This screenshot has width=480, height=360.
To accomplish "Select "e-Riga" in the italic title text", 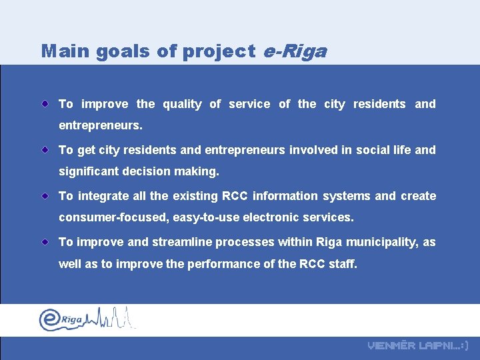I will coord(295,51).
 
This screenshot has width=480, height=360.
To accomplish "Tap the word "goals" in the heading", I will coord(117,51).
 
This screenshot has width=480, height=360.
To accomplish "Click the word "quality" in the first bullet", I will coord(181,104).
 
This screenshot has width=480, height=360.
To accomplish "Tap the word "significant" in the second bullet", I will coord(89,171).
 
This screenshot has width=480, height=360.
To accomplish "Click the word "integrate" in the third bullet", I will coord(102,196).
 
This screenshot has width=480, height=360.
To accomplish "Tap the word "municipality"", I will coord(383,242).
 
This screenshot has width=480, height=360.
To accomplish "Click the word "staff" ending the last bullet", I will coord(343,264).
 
